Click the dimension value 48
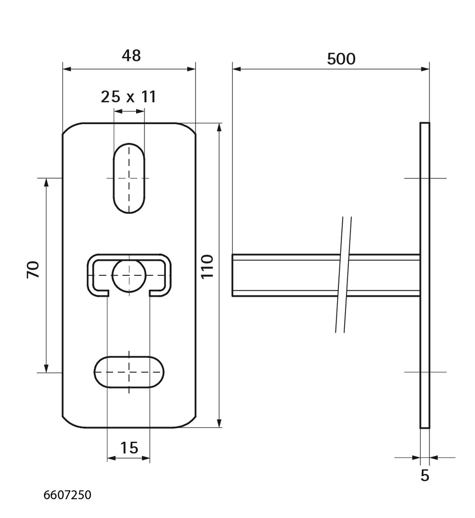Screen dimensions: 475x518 pyautogui.click(x=131, y=56)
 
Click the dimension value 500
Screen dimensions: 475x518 pyautogui.click(x=341, y=59)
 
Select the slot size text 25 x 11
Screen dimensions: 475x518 pyautogui.click(x=128, y=96)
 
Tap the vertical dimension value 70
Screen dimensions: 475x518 pyautogui.click(x=33, y=269)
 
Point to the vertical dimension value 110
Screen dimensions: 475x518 pyautogui.click(x=207, y=267)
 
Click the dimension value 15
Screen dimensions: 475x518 pyautogui.click(x=129, y=447)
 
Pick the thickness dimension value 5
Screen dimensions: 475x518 pyautogui.click(x=425, y=475)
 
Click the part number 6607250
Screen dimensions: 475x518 pyautogui.click(x=67, y=495)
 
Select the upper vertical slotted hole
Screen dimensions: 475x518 pyautogui.click(x=129, y=178)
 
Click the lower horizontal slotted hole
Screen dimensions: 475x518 pyautogui.click(x=129, y=372)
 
